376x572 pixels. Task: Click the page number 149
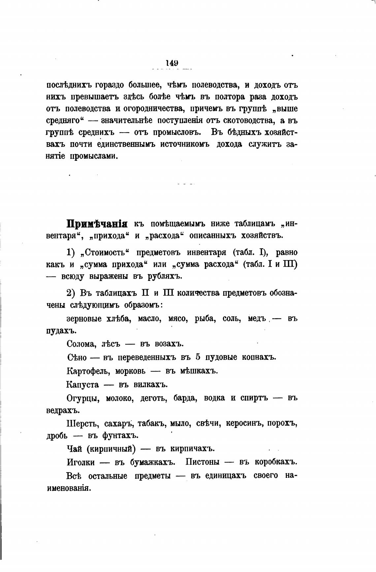tap(172, 62)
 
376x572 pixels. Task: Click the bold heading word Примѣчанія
tap(97, 224)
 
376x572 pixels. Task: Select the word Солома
tap(81, 344)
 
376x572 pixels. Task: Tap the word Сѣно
tap(77, 357)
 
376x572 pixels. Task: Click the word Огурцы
tap(83, 398)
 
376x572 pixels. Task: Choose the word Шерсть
tap(82, 423)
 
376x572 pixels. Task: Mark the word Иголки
tap(80, 462)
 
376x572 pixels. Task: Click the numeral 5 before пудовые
tap(198, 357)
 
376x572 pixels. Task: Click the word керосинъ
tap(243, 423)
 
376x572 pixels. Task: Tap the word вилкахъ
tap(151, 385)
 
